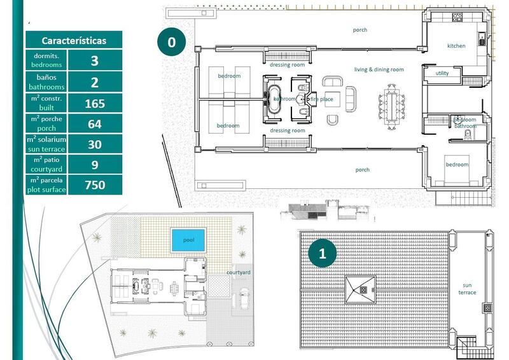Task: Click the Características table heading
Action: (x=74, y=41)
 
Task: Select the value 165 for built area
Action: (x=95, y=103)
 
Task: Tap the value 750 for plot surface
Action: (x=95, y=185)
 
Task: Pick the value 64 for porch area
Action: (x=95, y=123)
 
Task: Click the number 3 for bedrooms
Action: (x=95, y=60)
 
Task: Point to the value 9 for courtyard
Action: (x=95, y=165)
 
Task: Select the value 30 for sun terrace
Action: (x=95, y=144)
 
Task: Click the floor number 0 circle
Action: (x=171, y=43)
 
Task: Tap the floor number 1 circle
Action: (x=322, y=253)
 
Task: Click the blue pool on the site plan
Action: (x=188, y=240)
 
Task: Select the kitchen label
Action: (x=456, y=46)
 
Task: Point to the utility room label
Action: (x=442, y=74)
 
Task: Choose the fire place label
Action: (x=321, y=99)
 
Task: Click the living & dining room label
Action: (x=379, y=69)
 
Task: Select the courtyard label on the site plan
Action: (x=238, y=273)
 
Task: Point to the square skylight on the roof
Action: (x=360, y=290)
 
